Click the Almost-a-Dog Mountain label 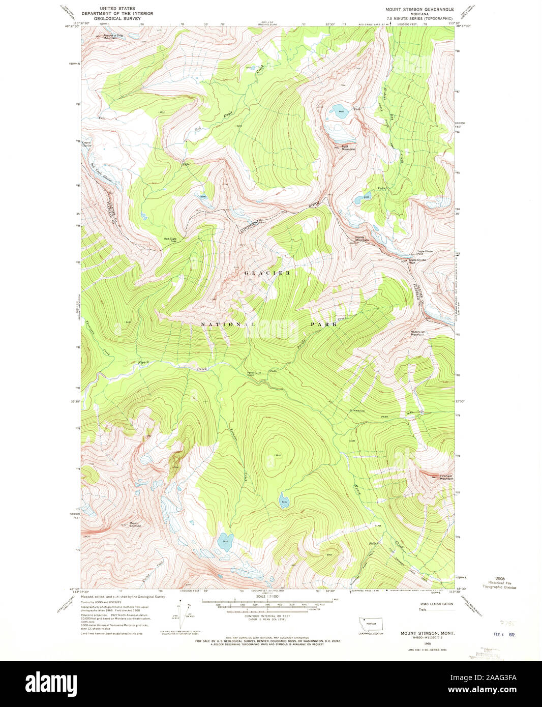[113, 37]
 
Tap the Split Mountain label [348, 148]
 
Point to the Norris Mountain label [362, 239]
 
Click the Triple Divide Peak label [417, 261]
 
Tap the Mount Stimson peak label [135, 524]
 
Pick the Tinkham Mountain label [446, 478]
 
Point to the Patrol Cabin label [250, 374]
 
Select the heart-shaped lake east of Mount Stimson [225, 541]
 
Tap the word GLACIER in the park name [267, 273]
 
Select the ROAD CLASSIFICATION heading [436, 604]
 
